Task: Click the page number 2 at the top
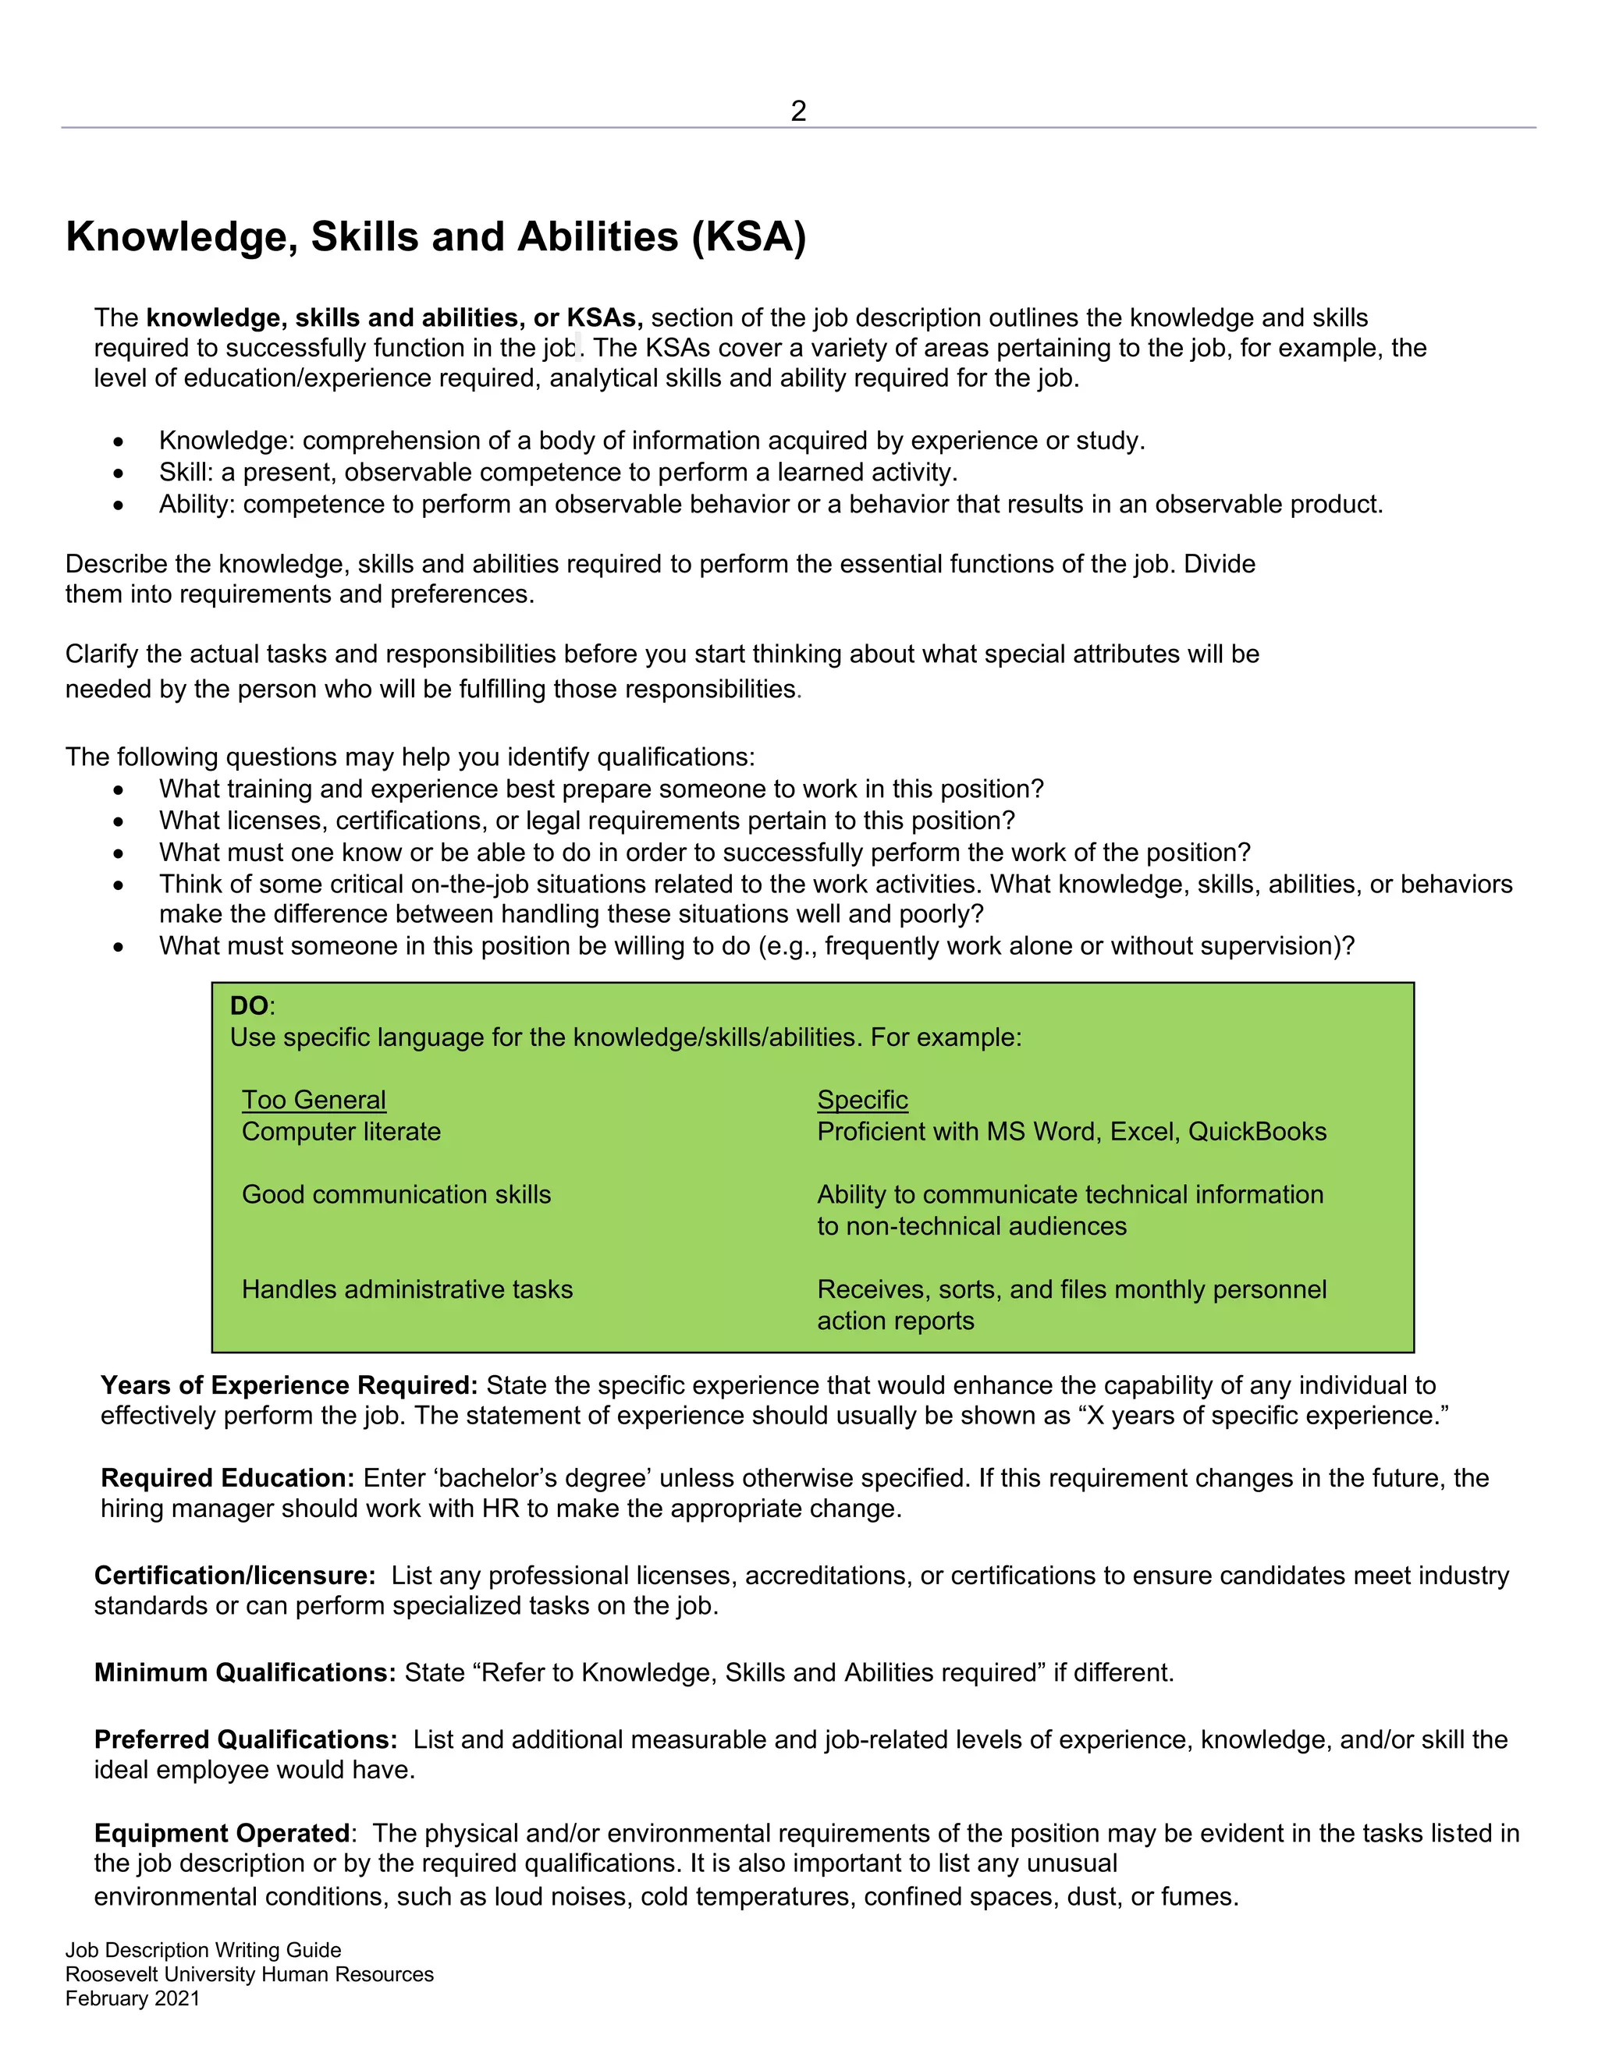click(x=798, y=112)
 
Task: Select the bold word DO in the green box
click(x=249, y=1005)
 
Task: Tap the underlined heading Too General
click(x=314, y=1100)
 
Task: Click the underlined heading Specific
click(x=862, y=1100)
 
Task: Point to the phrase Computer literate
click(x=341, y=1132)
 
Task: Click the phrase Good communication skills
click(x=396, y=1194)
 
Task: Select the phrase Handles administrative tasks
click(x=407, y=1289)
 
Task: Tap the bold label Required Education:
click(x=227, y=1478)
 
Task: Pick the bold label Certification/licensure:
click(x=235, y=1576)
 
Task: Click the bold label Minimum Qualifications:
click(x=244, y=1672)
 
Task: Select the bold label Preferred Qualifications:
click(x=245, y=1739)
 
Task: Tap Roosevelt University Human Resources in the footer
click(x=249, y=1974)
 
